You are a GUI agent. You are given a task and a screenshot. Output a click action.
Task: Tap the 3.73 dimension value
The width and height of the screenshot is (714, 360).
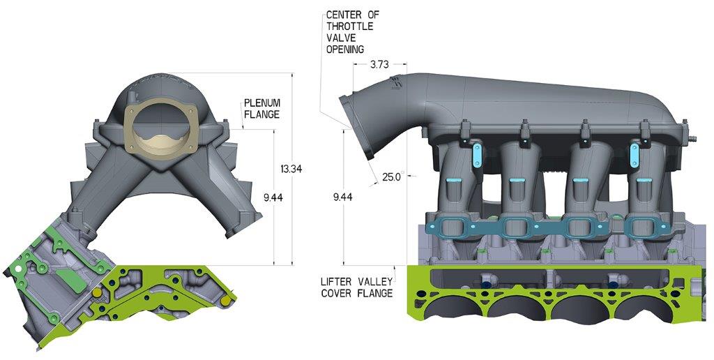pyautogui.click(x=379, y=64)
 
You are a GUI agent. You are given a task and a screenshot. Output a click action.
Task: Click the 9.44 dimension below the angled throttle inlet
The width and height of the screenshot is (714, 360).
pyautogui.click(x=342, y=197)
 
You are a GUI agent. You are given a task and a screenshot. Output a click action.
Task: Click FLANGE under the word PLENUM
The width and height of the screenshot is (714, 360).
pyautogui.click(x=261, y=114)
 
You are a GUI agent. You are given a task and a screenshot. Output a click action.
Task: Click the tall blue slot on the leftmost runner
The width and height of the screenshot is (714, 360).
pyautogui.click(x=478, y=155)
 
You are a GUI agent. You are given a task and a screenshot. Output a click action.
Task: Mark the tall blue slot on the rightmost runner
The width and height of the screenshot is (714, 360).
pyautogui.click(x=635, y=155)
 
